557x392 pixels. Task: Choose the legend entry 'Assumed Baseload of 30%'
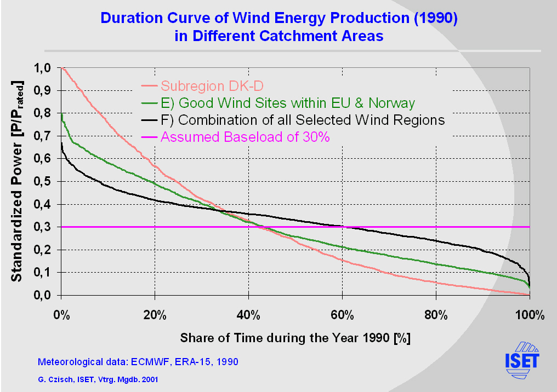pos(245,137)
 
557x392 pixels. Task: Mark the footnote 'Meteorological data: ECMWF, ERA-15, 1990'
pos(138,362)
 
